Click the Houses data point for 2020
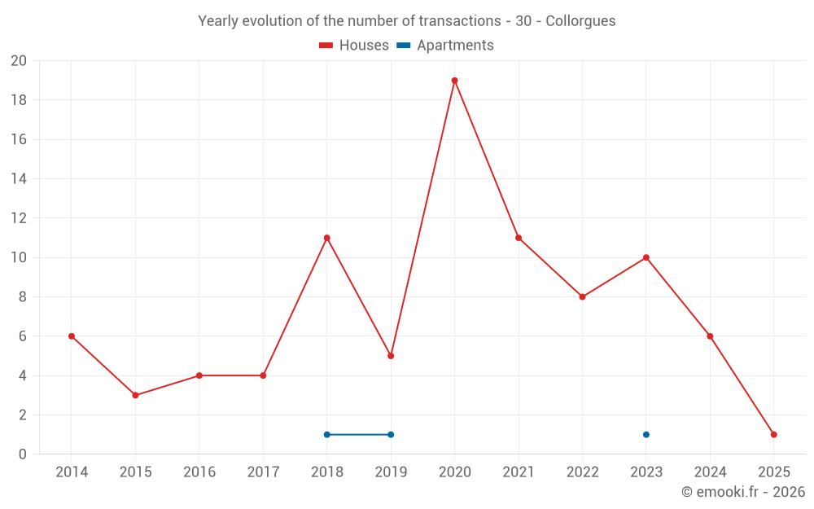(454, 81)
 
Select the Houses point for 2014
(72, 336)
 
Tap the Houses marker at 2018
(326, 238)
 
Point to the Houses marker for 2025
(773, 435)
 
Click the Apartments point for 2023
(646, 435)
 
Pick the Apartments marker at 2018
(326, 435)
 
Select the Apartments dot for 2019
(391, 435)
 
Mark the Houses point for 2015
(135, 395)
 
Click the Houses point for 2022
(582, 297)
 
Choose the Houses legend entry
(354, 46)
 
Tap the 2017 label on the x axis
(263, 472)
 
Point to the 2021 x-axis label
(519, 472)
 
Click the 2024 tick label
(710, 472)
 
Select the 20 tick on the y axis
(18, 61)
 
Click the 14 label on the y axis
(18, 179)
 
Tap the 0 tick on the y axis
(22, 454)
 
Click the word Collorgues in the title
(580, 20)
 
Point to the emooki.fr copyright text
(743, 492)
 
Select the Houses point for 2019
(391, 356)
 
